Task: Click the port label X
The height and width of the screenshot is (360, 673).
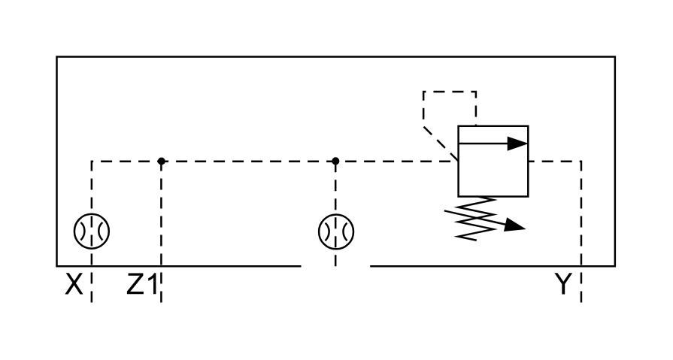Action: [73, 285]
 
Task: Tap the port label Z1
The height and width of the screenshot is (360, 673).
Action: [141, 285]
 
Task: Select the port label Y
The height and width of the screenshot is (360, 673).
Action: [563, 285]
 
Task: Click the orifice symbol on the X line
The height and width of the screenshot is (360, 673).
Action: [92, 231]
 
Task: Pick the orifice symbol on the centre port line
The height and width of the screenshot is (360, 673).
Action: [335, 231]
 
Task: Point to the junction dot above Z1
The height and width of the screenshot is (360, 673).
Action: [161, 161]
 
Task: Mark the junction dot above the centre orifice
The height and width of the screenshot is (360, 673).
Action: [335, 161]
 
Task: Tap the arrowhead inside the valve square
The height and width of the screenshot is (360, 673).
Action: [517, 143]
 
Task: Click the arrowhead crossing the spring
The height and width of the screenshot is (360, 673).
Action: [514, 225]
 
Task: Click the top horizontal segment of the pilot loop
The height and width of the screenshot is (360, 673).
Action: [450, 92]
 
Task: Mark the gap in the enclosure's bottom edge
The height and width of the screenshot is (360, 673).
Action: [335, 266]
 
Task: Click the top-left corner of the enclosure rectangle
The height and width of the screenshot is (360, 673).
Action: [57, 57]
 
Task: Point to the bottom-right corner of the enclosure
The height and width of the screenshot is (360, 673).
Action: [614, 266]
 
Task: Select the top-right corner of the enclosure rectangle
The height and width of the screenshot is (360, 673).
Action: [614, 57]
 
